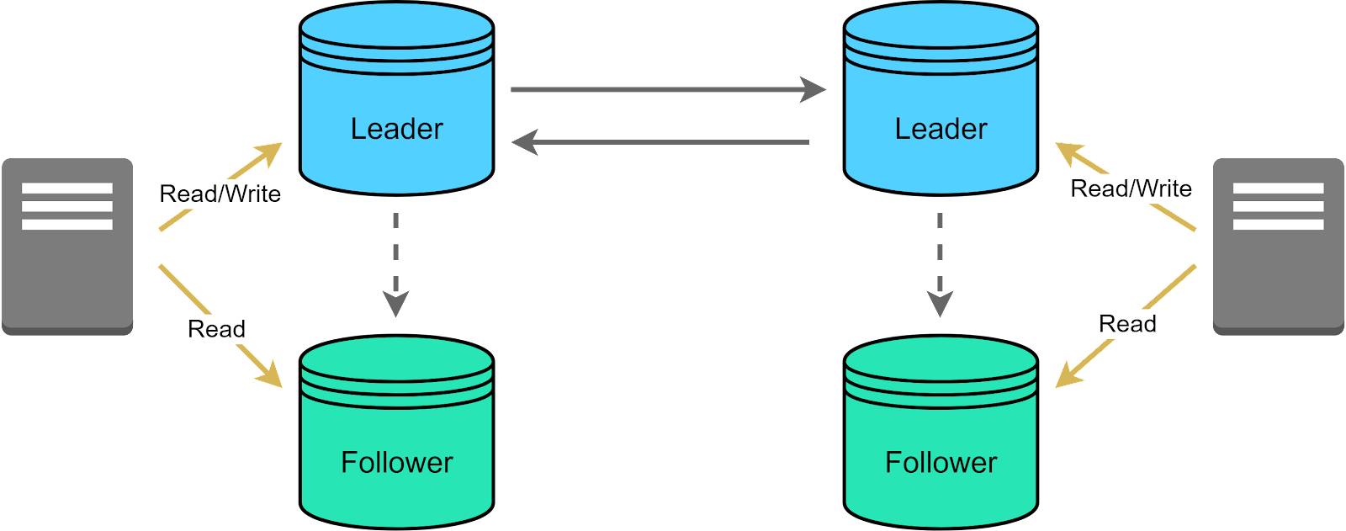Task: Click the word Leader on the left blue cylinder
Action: click(x=396, y=129)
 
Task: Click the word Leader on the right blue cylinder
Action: click(x=941, y=129)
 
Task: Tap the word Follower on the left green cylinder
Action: click(x=396, y=462)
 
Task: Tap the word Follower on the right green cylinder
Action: click(x=941, y=462)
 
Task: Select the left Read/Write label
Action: click(x=220, y=194)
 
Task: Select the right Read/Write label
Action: click(x=1131, y=189)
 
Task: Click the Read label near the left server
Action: click(x=216, y=329)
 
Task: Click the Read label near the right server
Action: click(x=1127, y=324)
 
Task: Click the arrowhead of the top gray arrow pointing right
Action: click(x=813, y=89)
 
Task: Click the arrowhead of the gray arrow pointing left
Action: click(x=525, y=142)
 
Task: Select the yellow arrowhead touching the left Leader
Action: click(x=271, y=152)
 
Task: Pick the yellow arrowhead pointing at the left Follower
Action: click(x=271, y=378)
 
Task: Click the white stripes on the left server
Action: click(x=67, y=206)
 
